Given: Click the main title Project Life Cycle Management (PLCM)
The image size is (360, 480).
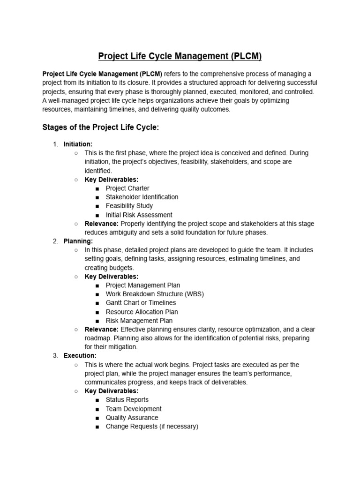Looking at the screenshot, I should (x=180, y=57).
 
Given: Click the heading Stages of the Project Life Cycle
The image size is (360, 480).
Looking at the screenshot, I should (x=101, y=127).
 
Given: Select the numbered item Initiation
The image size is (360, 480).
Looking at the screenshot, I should (x=78, y=144).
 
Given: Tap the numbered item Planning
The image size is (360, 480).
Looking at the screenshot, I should (x=78, y=241).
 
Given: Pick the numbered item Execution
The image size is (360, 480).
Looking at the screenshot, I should (x=80, y=356).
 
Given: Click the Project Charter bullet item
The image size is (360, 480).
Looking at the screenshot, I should (x=127, y=188).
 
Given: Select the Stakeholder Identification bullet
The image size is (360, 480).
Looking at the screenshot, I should (x=142, y=197).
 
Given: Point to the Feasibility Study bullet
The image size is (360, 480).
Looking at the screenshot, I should (x=129, y=206).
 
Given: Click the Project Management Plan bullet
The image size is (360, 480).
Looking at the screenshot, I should (x=142, y=285).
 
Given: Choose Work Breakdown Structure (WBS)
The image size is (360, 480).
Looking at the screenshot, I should (x=155, y=294).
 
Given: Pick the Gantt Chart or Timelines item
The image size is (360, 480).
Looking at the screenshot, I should (x=141, y=303).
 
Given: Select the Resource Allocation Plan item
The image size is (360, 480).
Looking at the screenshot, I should (x=142, y=312).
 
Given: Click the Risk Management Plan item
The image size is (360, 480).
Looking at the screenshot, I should (x=139, y=321).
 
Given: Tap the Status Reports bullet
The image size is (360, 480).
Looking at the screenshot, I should (x=127, y=400).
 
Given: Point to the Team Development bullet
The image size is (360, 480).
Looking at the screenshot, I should (x=134, y=409).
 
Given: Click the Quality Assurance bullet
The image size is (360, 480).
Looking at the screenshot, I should (x=132, y=418).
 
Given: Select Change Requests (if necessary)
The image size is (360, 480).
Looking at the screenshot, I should (x=152, y=427).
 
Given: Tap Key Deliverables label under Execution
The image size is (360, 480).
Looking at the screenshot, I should (x=111, y=391).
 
